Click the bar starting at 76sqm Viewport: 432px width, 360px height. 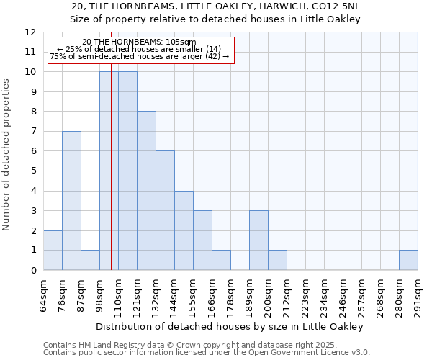71,200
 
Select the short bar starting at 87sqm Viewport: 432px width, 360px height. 90,260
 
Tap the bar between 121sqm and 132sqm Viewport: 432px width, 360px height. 146,191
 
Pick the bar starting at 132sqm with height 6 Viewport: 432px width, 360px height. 165,210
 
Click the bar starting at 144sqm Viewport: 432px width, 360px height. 184,230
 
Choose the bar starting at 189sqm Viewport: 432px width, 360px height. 258,240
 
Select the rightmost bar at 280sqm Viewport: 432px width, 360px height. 408,260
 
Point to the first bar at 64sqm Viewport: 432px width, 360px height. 53,250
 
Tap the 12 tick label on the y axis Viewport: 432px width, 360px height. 30,32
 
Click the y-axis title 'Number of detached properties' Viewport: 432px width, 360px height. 7,155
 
